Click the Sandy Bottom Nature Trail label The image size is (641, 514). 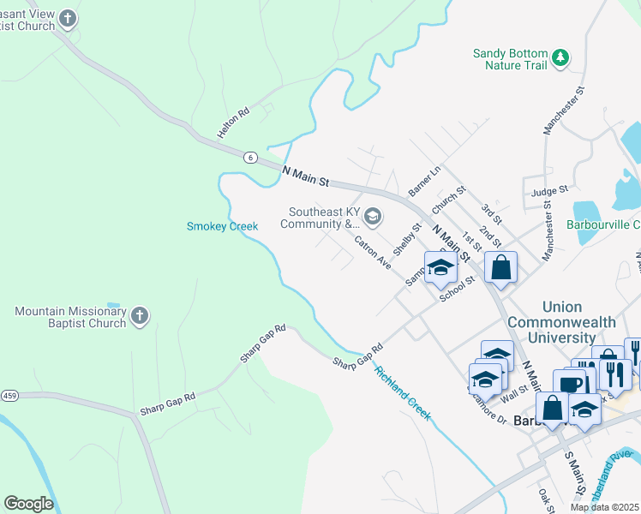point(511,59)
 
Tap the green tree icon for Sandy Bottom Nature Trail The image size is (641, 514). point(561,57)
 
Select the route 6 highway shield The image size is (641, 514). point(249,157)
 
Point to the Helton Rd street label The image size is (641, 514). point(233,123)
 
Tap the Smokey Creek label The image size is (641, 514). point(222,226)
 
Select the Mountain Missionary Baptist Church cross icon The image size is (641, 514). point(140,317)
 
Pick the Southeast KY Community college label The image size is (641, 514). point(323,218)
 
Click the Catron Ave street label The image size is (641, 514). point(373,252)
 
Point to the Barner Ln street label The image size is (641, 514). point(424,180)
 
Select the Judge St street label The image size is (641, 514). point(549,191)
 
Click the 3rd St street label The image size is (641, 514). point(490,214)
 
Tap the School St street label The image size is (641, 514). point(457,289)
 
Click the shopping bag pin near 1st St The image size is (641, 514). point(501,267)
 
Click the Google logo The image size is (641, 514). point(28,504)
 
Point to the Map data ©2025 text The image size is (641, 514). point(603,507)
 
